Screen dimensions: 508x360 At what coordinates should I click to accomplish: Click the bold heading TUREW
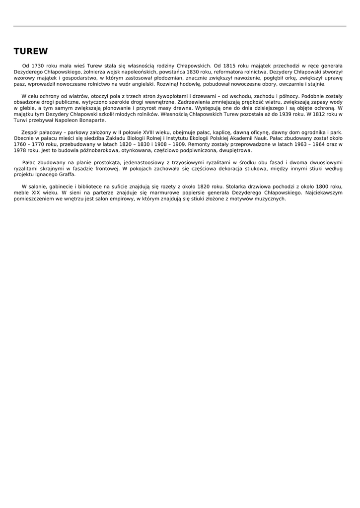(31, 52)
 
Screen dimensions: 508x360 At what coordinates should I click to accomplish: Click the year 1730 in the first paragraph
(38, 65)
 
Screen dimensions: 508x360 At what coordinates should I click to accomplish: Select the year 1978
(20, 150)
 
